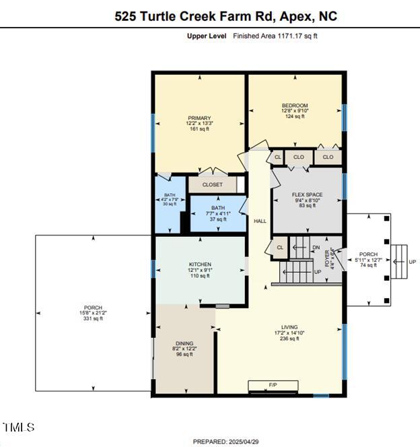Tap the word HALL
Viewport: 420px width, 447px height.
click(x=260, y=221)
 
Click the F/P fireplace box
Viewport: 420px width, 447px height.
click(x=273, y=386)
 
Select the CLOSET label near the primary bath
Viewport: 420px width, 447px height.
click(x=212, y=184)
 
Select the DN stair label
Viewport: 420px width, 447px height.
click(x=316, y=247)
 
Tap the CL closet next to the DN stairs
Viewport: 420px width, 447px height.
click(x=279, y=247)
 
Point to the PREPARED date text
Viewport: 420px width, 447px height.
click(x=224, y=442)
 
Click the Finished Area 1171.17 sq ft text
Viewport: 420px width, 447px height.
click(x=275, y=36)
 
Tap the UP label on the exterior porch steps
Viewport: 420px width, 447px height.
click(x=413, y=262)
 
